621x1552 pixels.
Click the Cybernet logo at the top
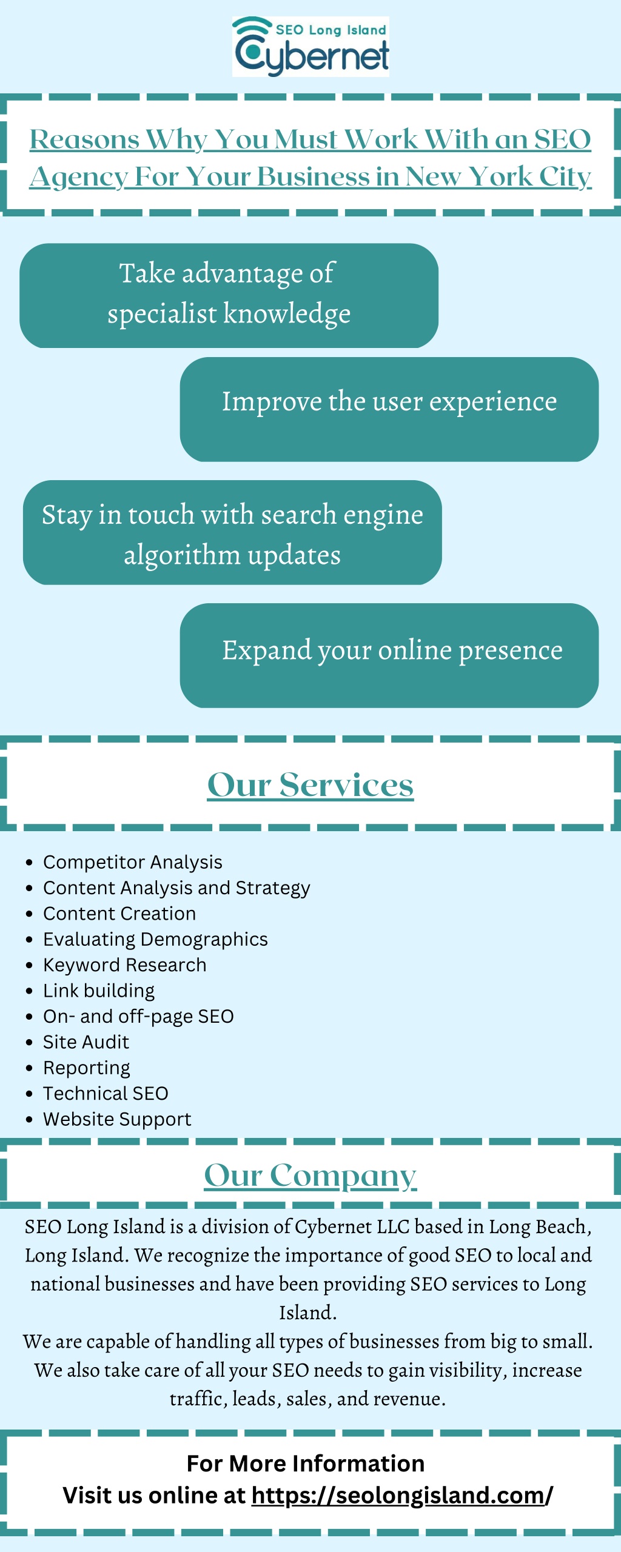click(x=310, y=47)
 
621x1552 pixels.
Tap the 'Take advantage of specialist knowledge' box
click(x=229, y=295)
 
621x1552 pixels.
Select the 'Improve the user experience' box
click(x=389, y=409)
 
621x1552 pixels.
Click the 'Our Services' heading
click(x=310, y=784)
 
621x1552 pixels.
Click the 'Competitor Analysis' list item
click(x=132, y=862)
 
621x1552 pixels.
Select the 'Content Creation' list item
click(x=119, y=914)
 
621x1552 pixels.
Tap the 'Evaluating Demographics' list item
click(x=155, y=939)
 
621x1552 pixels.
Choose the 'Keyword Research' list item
click(x=124, y=965)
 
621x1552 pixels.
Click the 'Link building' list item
click(x=99, y=991)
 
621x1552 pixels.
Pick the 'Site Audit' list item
click(x=86, y=1042)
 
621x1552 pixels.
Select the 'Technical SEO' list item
click(x=106, y=1093)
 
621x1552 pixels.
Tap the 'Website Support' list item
click(x=117, y=1119)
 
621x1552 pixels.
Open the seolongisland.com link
click(x=401, y=1496)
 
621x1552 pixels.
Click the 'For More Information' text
click(x=306, y=1463)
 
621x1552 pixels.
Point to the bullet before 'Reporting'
click(x=29, y=1068)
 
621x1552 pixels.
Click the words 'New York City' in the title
click(x=498, y=177)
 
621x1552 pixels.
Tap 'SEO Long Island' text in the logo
click(x=331, y=30)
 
